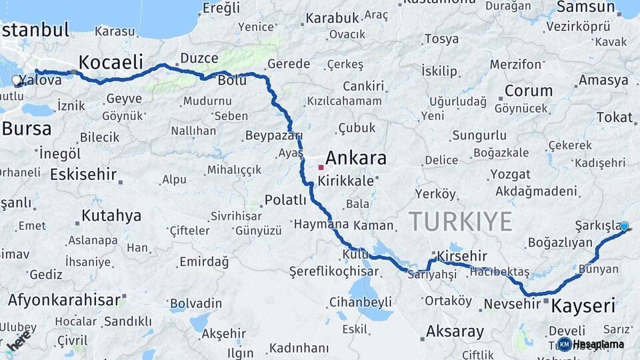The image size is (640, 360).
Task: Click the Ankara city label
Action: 356,159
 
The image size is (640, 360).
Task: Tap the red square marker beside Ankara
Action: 321,167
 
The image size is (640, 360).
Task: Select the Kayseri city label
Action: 583,306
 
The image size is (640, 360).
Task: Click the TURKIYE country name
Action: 460,221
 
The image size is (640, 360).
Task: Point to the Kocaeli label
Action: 111,63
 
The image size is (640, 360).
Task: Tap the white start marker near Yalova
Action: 16,81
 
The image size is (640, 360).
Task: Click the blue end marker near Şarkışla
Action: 624,227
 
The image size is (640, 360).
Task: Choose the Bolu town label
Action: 232,80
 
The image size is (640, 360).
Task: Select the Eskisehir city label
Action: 83,175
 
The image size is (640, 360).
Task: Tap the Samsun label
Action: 585,7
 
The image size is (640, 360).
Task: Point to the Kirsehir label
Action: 462,256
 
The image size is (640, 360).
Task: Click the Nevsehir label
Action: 511,304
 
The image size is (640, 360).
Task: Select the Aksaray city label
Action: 455,331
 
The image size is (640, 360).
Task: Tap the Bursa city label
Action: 27,127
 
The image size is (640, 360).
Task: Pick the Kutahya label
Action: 111,215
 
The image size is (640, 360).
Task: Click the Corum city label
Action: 529,91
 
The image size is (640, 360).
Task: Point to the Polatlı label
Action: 285,199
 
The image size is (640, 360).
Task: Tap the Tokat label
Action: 614,117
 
